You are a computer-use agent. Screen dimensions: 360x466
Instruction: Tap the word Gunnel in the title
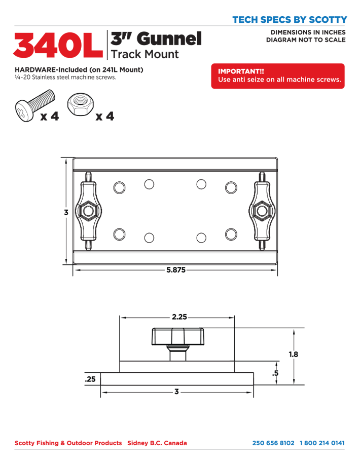[x=169, y=38]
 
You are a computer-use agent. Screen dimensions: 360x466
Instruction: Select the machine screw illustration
[x=35, y=105]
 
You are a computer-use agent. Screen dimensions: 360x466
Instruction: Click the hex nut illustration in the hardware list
[x=80, y=104]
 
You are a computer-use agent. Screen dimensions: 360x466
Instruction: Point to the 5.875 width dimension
[x=176, y=270]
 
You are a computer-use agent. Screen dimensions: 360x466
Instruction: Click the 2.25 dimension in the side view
[x=179, y=317]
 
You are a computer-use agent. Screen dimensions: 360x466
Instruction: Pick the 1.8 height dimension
[x=294, y=354]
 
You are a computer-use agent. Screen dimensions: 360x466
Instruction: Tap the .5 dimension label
[x=275, y=373]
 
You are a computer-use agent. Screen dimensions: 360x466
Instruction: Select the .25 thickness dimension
[x=90, y=379]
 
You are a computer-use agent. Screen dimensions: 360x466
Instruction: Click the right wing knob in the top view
[x=262, y=211]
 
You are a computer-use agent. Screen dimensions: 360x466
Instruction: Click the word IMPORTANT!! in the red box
[x=241, y=71]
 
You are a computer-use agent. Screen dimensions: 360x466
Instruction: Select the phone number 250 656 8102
[x=273, y=443]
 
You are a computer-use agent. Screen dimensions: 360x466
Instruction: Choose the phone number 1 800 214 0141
[x=322, y=443]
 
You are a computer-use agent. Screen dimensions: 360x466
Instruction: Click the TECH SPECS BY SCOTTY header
[x=290, y=20]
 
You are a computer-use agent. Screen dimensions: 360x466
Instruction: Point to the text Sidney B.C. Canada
[x=157, y=443]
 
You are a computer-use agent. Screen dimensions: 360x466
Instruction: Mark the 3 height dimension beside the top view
[x=66, y=212]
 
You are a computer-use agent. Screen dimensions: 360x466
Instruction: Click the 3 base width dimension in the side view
[x=177, y=392]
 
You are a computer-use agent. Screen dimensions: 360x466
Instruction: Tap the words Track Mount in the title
[x=145, y=54]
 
